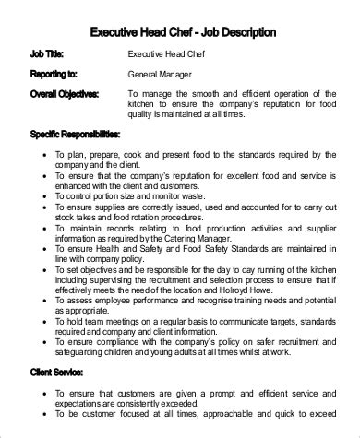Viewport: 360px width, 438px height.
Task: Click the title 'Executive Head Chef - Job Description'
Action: coord(182,33)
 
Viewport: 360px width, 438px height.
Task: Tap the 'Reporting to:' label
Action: coord(54,75)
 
